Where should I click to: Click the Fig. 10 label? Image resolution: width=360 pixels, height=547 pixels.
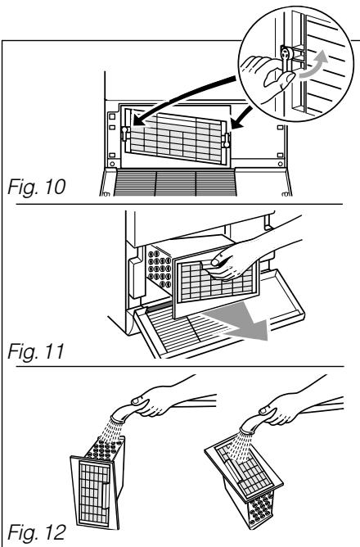tap(36, 187)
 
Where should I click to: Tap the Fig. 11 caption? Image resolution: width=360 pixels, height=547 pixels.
tap(36, 351)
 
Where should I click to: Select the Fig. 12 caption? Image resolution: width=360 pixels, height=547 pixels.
tap(36, 532)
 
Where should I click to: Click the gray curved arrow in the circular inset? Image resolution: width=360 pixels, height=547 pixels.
tap(315, 66)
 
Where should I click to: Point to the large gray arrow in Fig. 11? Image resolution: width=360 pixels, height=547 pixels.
tap(241, 324)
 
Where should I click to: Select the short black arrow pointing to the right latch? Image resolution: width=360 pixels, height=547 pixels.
tap(241, 119)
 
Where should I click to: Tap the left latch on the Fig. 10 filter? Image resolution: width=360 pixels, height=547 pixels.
tap(124, 133)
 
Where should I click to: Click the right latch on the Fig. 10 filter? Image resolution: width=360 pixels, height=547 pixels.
tap(227, 139)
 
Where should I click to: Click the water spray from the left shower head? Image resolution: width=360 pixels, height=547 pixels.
tap(109, 432)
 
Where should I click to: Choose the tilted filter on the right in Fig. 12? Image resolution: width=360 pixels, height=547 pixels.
tap(244, 482)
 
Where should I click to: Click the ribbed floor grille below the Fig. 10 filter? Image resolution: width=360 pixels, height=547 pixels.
tap(175, 183)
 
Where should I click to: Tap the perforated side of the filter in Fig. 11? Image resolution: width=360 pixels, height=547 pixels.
tap(160, 267)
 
